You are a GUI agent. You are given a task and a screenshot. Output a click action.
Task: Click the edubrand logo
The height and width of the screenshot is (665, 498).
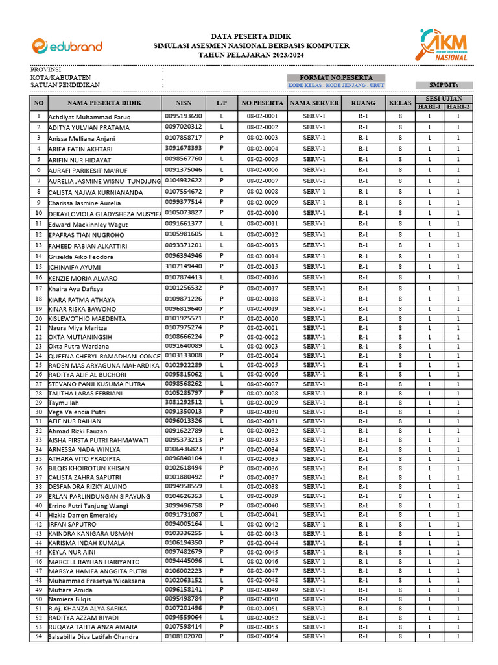point(67,46)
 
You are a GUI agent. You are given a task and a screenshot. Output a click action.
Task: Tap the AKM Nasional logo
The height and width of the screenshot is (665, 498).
point(444,45)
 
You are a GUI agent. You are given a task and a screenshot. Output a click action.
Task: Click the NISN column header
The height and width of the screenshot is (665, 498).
point(184,103)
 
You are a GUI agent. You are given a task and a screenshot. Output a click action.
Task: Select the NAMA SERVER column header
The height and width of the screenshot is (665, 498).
point(314,103)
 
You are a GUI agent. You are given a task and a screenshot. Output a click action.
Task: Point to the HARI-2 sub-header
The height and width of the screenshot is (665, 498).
point(458,107)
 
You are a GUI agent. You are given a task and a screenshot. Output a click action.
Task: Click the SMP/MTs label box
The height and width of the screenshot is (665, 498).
point(444,85)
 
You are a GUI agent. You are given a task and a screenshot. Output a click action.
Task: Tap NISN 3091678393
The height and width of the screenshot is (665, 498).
point(184,148)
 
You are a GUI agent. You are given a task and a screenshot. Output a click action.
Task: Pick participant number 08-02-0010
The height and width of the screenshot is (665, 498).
point(263,213)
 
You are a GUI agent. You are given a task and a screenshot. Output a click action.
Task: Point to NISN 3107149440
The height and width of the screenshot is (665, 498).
point(184,266)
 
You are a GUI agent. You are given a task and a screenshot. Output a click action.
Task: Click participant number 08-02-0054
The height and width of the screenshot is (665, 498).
point(263,636)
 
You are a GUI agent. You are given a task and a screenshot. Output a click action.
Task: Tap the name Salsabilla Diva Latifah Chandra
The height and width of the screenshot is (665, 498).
point(93,637)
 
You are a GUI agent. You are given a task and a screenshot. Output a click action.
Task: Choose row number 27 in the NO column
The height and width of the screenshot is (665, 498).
point(39,384)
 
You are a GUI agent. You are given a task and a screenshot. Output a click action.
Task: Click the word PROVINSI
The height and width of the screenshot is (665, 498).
point(45,69)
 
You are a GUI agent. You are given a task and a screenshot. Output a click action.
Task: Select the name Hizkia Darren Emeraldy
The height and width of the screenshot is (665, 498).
point(83,515)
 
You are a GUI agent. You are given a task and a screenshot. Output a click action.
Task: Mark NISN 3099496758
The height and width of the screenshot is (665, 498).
point(184,505)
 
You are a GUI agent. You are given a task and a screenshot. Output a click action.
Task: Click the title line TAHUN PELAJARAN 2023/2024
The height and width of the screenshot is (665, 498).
point(251,56)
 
